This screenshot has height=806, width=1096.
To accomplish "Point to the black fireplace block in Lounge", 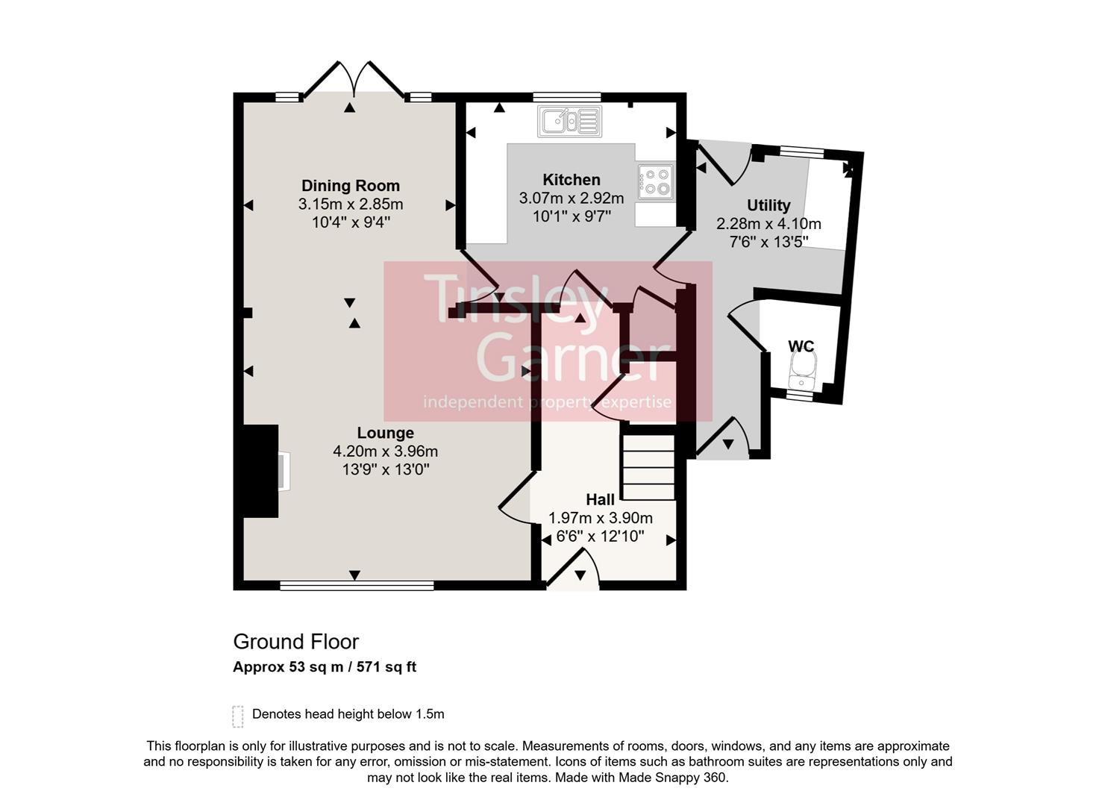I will (x=257, y=471).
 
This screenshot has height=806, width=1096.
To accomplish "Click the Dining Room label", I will (x=350, y=186).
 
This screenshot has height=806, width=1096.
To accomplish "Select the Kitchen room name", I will (x=571, y=180).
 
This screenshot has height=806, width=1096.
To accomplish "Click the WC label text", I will (x=801, y=346).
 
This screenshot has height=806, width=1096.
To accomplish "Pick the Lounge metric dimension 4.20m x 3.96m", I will (x=385, y=452).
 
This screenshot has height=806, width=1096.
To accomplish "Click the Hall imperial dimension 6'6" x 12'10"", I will (x=600, y=536).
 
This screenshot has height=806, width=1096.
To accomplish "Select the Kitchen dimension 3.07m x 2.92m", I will (x=571, y=199).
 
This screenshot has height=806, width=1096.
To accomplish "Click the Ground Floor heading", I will (x=295, y=642).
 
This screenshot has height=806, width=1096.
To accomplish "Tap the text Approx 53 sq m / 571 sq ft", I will (x=324, y=667).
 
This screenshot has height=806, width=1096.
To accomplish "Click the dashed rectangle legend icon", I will (x=238, y=716).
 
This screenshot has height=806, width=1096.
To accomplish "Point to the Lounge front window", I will (x=357, y=587).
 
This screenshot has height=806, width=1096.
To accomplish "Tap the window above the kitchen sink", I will (x=566, y=96).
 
